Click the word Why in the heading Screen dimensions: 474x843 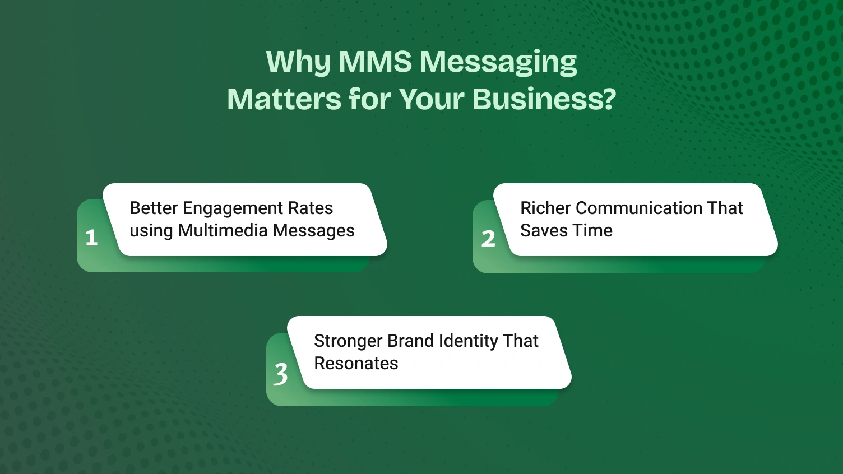(x=298, y=63)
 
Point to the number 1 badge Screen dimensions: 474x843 (x=92, y=238)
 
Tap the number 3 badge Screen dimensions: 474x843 (x=281, y=374)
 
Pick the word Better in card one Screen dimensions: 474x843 (x=154, y=208)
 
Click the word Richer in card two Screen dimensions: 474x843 (x=545, y=208)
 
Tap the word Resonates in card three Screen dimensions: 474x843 (x=356, y=364)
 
